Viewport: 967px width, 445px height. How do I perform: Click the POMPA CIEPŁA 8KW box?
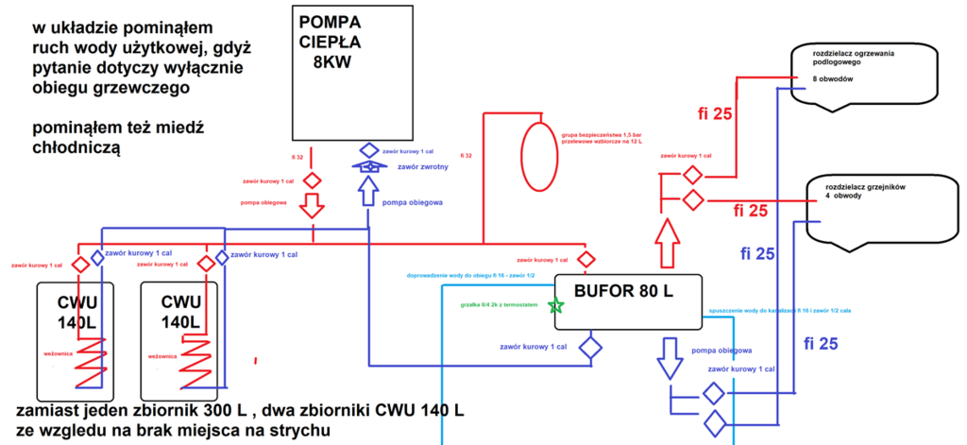click(351, 70)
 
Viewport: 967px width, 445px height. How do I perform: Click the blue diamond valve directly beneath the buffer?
click(590, 347)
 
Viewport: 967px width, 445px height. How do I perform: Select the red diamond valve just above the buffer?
click(585, 259)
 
